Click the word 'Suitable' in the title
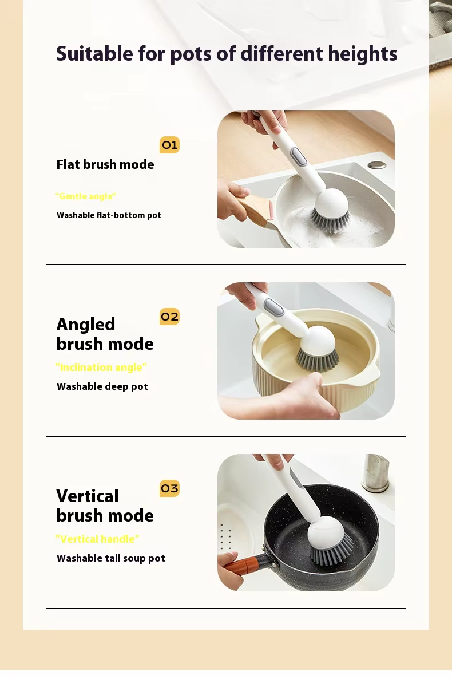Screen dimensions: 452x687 coord(94,54)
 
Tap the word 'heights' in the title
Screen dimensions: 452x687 coord(363,54)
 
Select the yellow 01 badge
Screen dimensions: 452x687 coord(169,145)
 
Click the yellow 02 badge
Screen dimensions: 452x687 coord(169,317)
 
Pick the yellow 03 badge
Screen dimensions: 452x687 coord(169,488)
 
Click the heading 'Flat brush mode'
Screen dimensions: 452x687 coord(105,164)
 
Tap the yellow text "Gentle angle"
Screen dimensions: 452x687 coord(86,196)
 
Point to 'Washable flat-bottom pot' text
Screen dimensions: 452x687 coord(109,215)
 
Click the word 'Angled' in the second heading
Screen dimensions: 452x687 coord(86,324)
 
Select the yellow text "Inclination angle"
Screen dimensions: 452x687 coord(101,368)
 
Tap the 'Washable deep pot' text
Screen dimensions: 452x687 coord(102,386)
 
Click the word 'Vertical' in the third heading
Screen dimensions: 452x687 coord(88,496)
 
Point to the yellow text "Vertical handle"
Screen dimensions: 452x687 coord(97,539)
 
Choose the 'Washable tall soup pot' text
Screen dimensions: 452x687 coord(111,558)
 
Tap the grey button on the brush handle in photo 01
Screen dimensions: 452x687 coord(299,156)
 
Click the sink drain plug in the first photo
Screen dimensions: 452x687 coord(377,165)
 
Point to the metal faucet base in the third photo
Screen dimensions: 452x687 coord(375,473)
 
